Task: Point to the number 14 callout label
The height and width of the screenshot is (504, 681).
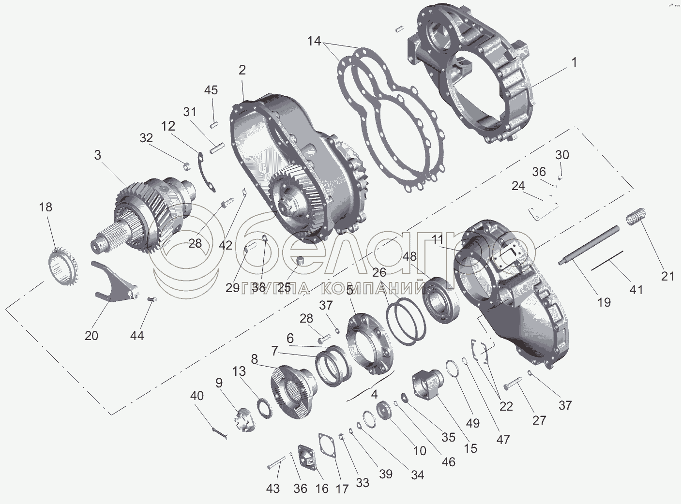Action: (x=314, y=42)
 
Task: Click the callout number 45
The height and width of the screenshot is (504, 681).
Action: (x=211, y=90)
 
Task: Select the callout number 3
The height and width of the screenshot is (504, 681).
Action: (x=98, y=155)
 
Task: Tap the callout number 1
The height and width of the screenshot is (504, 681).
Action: (x=574, y=62)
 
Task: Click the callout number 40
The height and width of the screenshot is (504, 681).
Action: (x=197, y=396)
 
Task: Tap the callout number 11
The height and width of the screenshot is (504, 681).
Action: (x=438, y=239)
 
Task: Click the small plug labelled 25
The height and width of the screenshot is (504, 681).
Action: (x=300, y=261)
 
